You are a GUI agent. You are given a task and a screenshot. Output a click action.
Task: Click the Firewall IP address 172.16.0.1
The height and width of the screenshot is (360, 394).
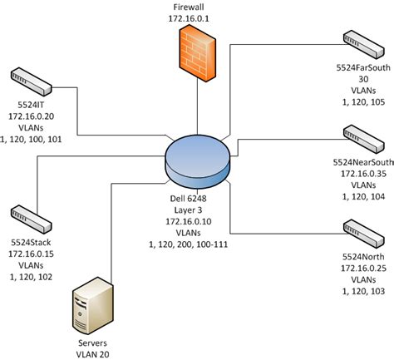point(196,17)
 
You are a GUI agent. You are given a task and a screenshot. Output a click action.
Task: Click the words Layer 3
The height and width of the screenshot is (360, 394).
point(197,213)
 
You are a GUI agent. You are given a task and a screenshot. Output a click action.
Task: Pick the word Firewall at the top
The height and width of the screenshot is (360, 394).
point(196,6)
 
